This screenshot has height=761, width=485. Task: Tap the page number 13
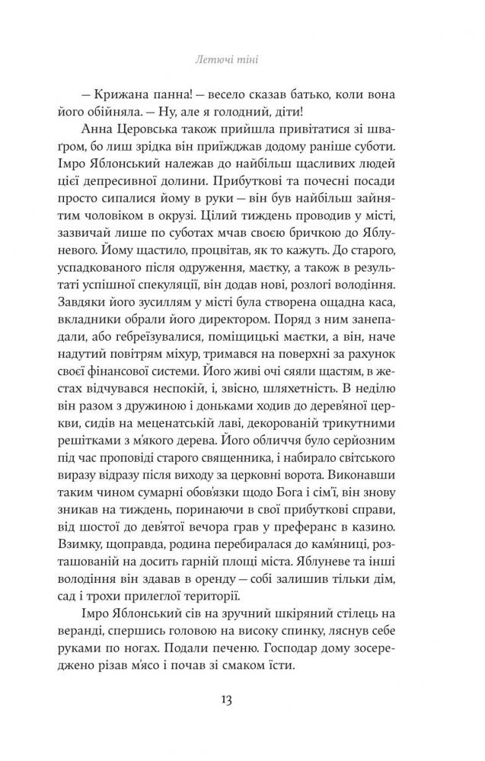243,698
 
